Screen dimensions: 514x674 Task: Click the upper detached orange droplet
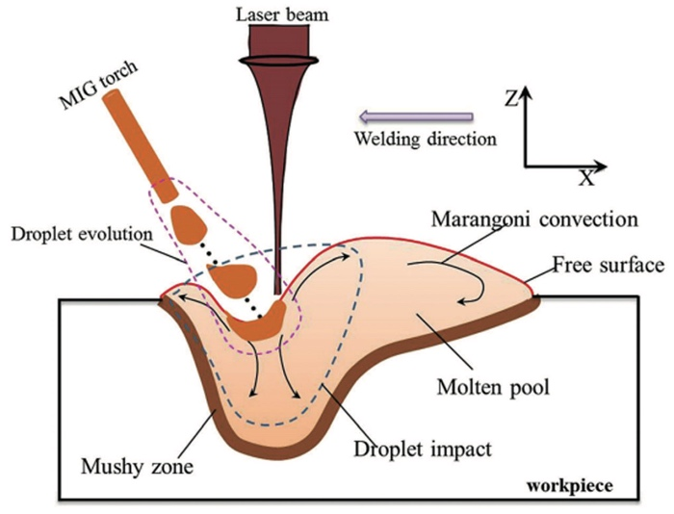click(189, 224)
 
